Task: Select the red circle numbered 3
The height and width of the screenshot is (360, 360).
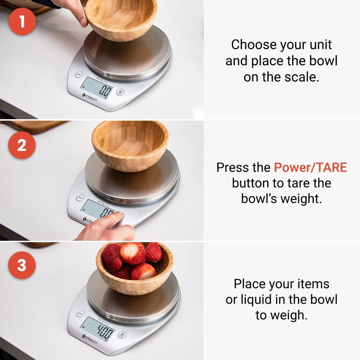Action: [x=22, y=265]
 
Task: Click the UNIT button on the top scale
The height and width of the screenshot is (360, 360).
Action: [x=80, y=75]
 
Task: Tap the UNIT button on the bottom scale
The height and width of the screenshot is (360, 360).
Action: [x=81, y=314]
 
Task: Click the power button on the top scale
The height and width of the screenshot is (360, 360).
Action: [x=120, y=92]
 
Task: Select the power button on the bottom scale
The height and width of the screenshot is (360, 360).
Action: [x=121, y=334]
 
